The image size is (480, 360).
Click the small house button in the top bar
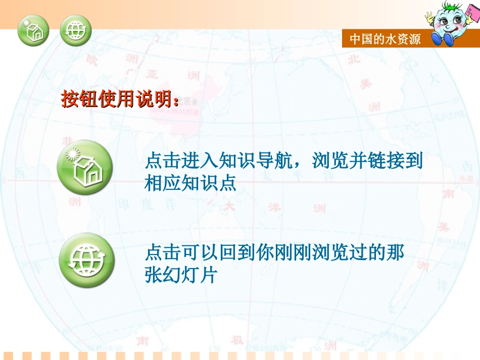click(33, 30)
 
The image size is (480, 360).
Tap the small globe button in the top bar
click(75, 30)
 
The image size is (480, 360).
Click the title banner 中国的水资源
click(385, 39)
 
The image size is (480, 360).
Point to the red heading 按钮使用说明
click(120, 99)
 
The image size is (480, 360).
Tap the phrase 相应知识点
click(190, 183)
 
